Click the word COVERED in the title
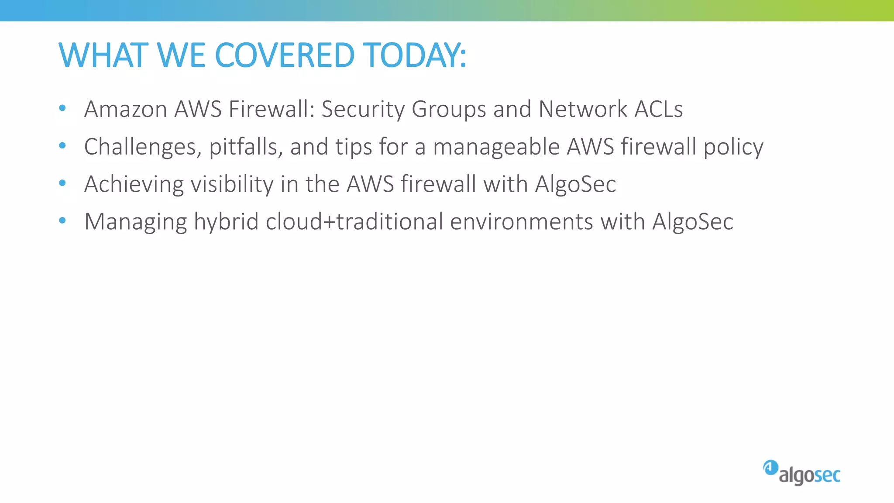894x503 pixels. (x=284, y=55)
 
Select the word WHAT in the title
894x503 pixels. (x=103, y=55)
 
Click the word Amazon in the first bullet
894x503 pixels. (x=126, y=109)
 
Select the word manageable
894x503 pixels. (x=496, y=147)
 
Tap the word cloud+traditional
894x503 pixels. (x=354, y=221)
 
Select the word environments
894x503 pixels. (x=521, y=221)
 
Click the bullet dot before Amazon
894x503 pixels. (x=62, y=108)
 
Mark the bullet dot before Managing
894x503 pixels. (x=62, y=220)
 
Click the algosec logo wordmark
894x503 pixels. (x=809, y=475)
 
